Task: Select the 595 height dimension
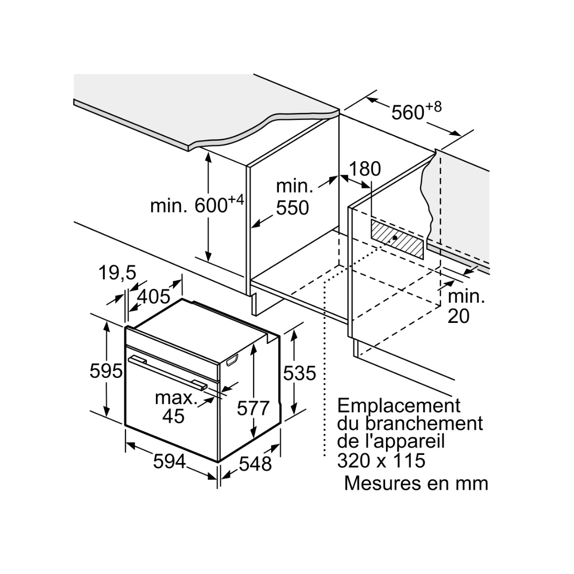click(106, 372)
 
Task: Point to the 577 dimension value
click(253, 408)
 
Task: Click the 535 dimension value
click(299, 373)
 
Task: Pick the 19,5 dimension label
click(117, 272)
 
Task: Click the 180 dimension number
click(364, 169)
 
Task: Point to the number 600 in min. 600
click(211, 206)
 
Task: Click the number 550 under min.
click(292, 208)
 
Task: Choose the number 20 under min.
click(458, 316)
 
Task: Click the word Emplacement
click(399, 406)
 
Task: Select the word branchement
click(424, 424)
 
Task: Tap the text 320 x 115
click(381, 461)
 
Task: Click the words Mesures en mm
click(416, 483)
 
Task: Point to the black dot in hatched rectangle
click(395, 238)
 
